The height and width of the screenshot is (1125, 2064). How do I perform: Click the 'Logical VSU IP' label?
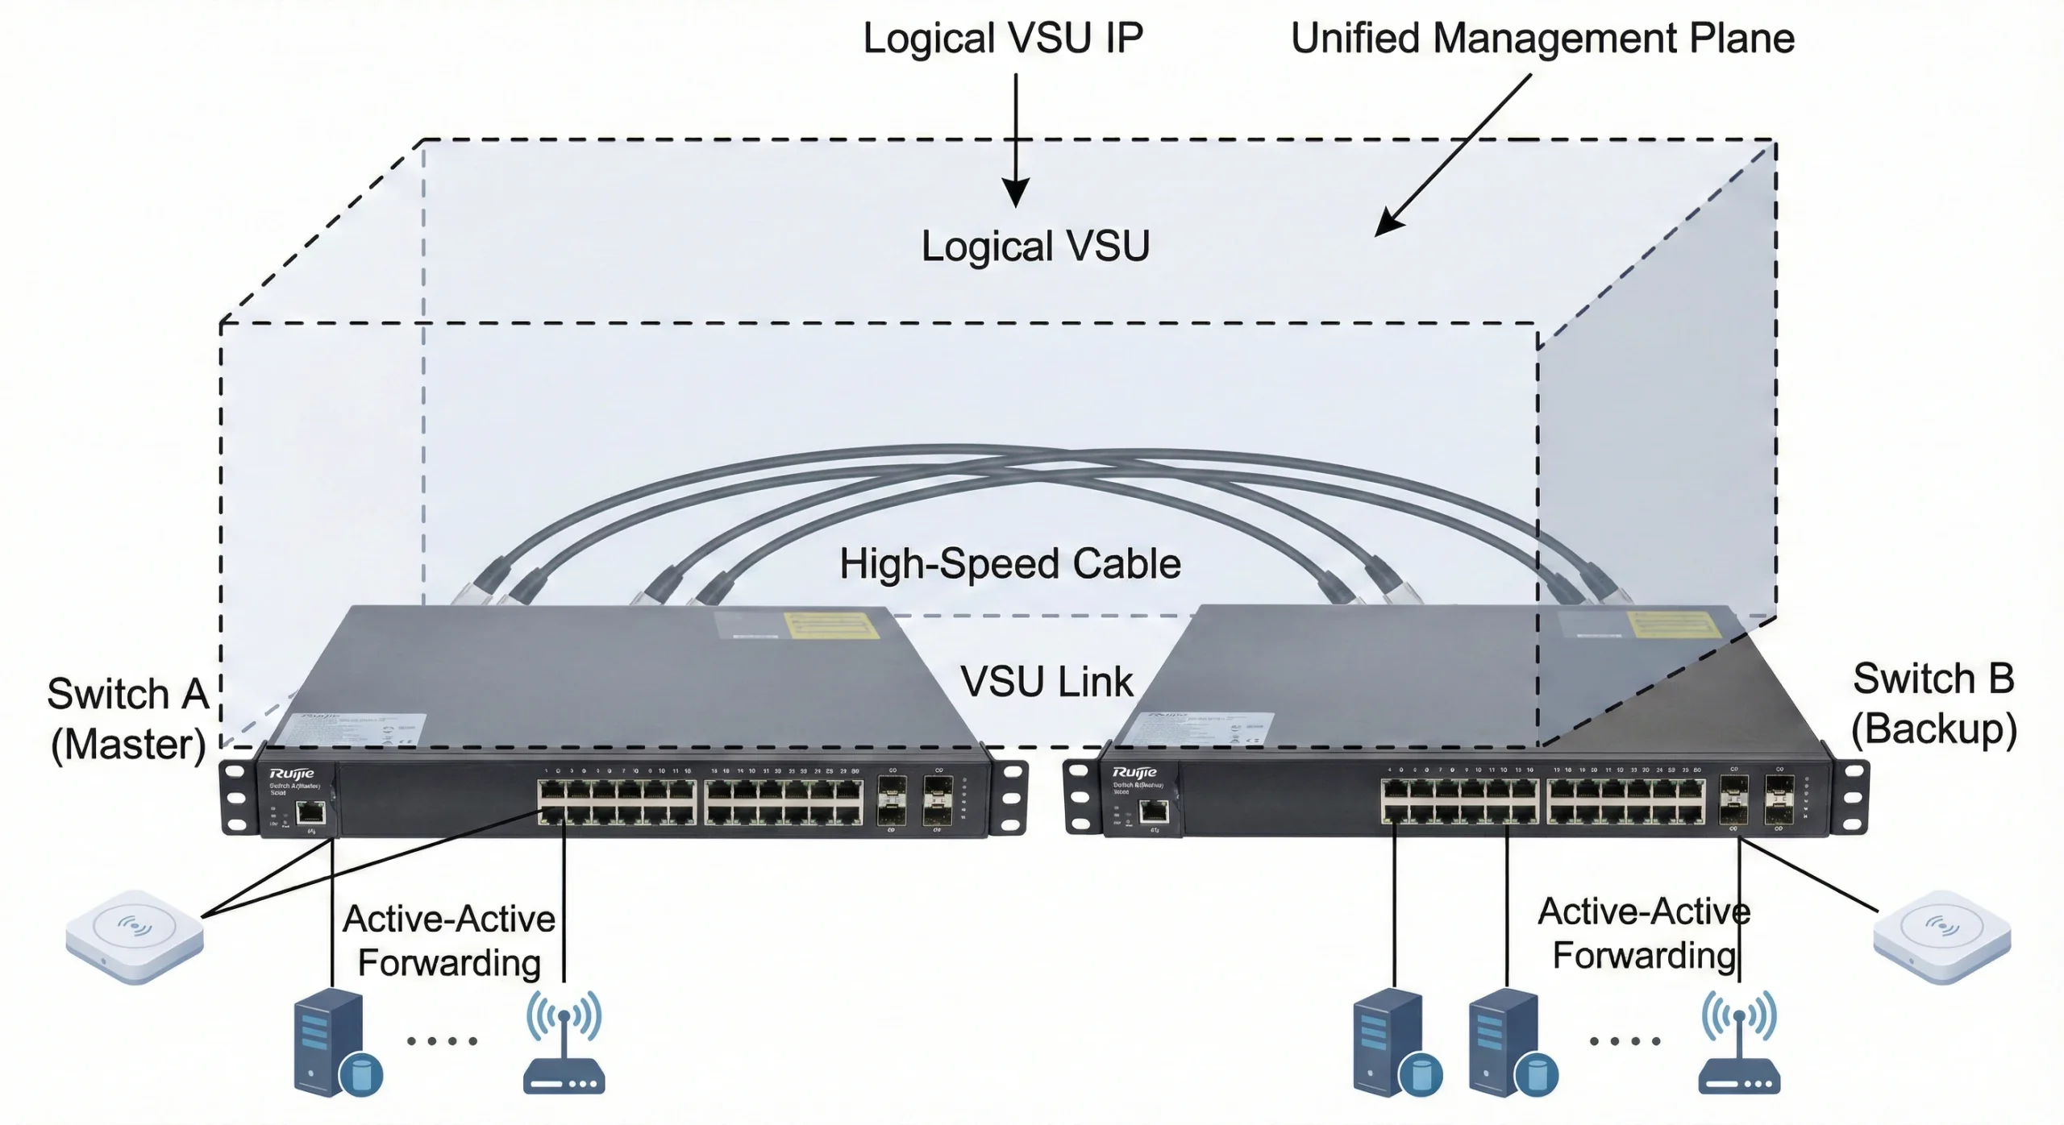(1003, 39)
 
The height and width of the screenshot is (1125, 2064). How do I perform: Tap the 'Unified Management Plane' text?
(1542, 39)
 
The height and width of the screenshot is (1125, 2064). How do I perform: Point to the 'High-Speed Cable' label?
(1009, 563)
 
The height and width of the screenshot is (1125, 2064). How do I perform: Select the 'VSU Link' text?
(1047, 682)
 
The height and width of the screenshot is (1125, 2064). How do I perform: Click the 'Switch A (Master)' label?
(127, 719)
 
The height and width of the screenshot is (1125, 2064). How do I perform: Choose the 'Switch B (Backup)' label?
(1933, 704)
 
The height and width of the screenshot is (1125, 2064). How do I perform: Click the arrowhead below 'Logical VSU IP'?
(1015, 193)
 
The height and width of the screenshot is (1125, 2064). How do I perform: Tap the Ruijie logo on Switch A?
(291, 774)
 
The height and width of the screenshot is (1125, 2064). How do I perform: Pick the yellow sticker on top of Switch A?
(830, 625)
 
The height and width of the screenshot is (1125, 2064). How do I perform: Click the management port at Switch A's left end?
(310, 812)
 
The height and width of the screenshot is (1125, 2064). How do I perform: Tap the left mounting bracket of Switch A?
(236, 798)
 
